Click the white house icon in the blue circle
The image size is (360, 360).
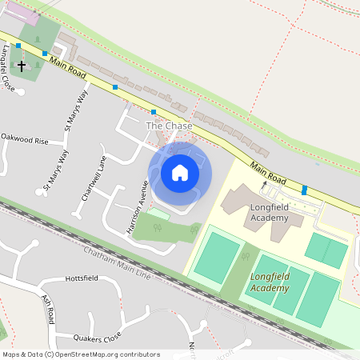[180, 172]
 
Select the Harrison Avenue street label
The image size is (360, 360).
[138, 207]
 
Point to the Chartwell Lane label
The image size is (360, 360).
[93, 175]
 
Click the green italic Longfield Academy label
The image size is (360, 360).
[270, 281]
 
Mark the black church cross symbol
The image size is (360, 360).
[22, 65]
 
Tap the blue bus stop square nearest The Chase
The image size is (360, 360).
[154, 112]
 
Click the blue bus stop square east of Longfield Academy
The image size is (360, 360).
[304, 190]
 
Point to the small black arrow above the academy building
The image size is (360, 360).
[265, 183]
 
